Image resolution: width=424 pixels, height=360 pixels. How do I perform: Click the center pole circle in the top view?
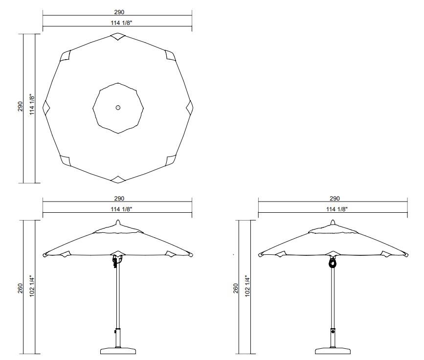(x=118, y=108)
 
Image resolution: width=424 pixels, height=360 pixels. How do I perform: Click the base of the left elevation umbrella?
(x=117, y=350)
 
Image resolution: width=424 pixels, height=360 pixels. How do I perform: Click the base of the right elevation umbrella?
(x=333, y=350)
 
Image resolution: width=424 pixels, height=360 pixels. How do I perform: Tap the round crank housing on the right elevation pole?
(x=333, y=263)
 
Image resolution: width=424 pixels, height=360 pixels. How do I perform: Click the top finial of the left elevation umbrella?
(x=117, y=223)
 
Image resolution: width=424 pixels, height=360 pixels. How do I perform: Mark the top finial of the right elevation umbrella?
(x=333, y=223)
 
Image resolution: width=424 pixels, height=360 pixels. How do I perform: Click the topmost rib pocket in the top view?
(x=118, y=37)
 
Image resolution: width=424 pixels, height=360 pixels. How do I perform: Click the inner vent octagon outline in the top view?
(x=99, y=90)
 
